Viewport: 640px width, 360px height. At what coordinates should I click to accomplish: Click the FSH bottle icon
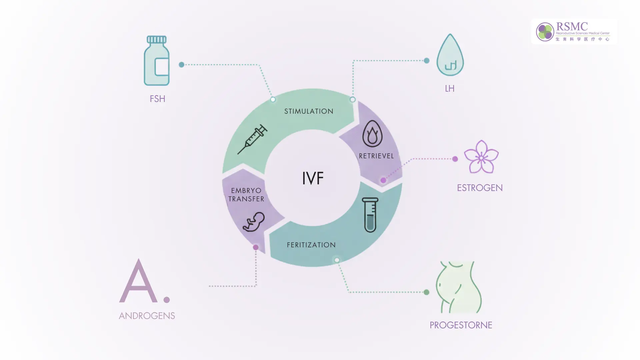(x=157, y=61)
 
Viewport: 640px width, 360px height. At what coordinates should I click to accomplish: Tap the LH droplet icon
(x=450, y=56)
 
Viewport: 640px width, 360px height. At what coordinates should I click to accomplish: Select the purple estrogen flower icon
(x=481, y=157)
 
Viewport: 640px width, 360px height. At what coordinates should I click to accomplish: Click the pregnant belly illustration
(x=459, y=287)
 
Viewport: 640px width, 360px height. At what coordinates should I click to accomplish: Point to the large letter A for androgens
(x=138, y=282)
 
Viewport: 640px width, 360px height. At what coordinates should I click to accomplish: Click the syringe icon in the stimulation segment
(x=252, y=139)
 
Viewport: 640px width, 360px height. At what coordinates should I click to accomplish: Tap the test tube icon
(x=370, y=215)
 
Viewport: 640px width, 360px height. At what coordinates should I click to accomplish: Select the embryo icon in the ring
(x=254, y=222)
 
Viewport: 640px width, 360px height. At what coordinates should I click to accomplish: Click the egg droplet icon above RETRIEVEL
(x=372, y=134)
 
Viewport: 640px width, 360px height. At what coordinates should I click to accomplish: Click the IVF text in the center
(x=313, y=178)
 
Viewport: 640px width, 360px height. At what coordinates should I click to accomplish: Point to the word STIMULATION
(x=309, y=111)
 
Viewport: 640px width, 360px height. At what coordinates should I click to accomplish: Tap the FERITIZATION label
(x=311, y=245)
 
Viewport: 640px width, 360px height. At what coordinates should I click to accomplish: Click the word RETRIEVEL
(x=376, y=156)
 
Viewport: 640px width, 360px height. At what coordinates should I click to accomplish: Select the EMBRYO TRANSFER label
(x=246, y=195)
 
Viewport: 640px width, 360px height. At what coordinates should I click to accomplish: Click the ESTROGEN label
(x=480, y=188)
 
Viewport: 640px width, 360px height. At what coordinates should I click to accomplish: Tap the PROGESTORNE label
(x=461, y=325)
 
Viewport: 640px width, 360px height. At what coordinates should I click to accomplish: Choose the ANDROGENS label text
(x=147, y=316)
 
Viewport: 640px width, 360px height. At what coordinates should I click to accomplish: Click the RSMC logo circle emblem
(x=545, y=32)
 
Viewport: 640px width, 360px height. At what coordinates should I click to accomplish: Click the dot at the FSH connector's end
(x=181, y=65)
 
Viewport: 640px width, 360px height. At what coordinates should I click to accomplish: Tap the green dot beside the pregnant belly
(x=426, y=292)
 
